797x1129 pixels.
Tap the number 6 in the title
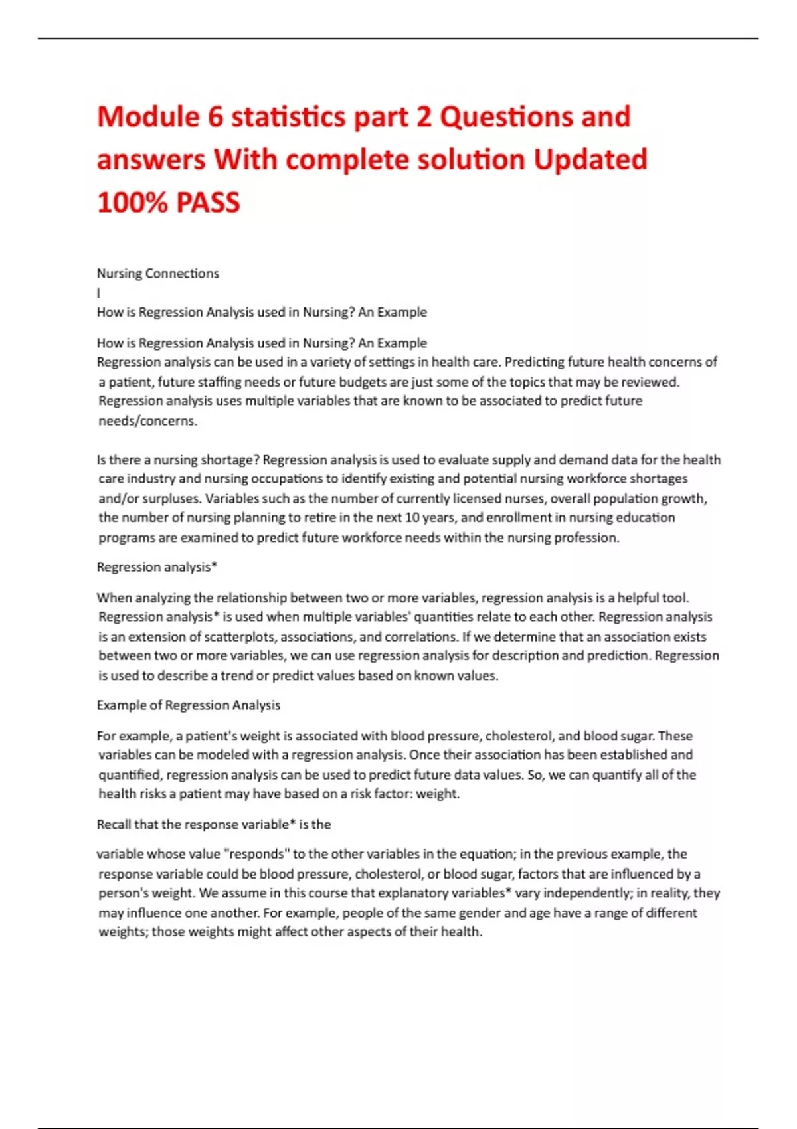[215, 117]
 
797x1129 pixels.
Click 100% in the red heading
[132, 203]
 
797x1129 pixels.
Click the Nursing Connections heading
[157, 274]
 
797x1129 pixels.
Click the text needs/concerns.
[147, 421]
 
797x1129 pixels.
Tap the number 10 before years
[412, 518]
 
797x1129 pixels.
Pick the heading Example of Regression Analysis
[189, 705]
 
